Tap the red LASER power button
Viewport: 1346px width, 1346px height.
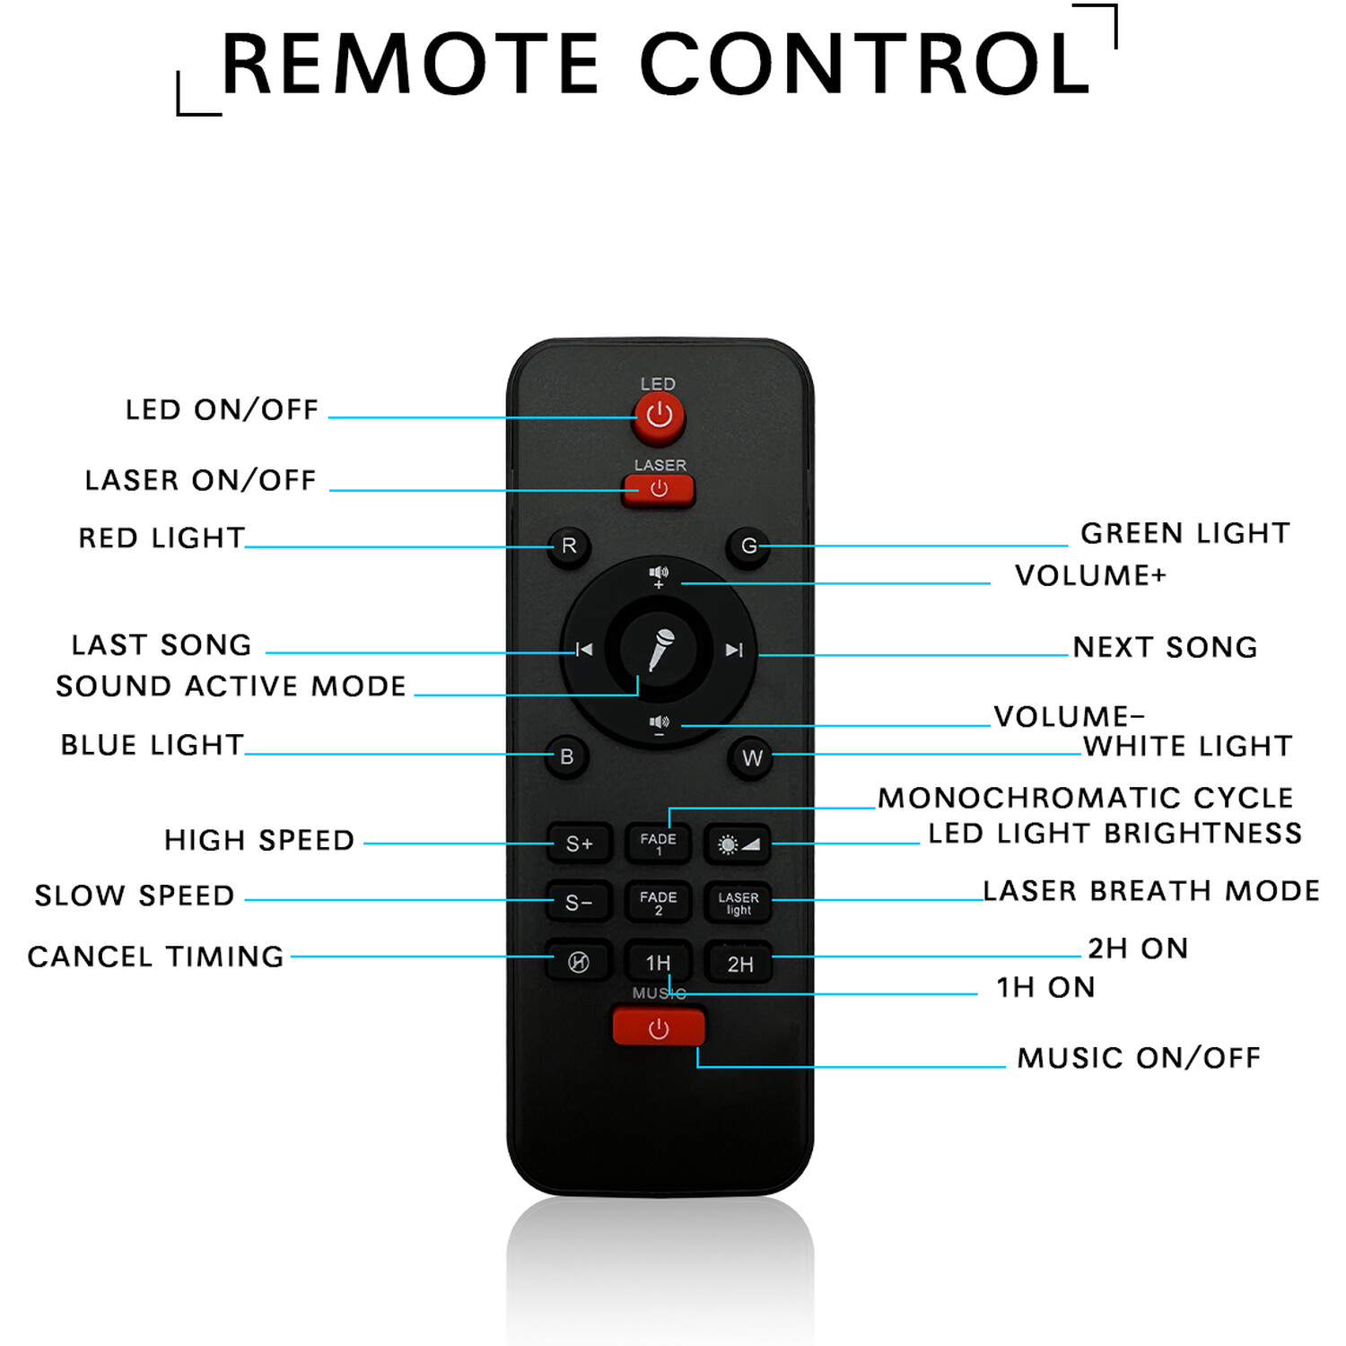[659, 490]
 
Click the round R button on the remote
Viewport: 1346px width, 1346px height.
[569, 546]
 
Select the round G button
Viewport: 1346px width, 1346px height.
[748, 546]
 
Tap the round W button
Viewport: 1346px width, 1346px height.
[751, 758]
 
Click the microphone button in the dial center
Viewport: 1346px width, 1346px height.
[660, 650]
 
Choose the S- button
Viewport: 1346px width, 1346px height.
[579, 902]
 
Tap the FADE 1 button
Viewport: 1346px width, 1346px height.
[658, 843]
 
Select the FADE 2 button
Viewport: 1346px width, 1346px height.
[658, 902]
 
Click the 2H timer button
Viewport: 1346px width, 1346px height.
[739, 964]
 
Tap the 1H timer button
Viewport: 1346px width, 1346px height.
[658, 963]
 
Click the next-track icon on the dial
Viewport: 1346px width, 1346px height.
[734, 650]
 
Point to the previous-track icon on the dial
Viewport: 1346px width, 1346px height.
[583, 650]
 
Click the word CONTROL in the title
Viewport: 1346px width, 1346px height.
[866, 64]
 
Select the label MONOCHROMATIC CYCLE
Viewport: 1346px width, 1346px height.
[1086, 798]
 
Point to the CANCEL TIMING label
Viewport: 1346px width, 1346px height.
[156, 957]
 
